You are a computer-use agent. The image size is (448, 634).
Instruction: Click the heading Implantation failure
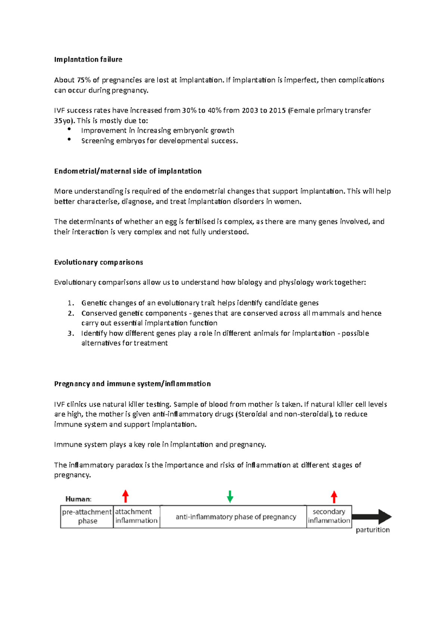click(88, 59)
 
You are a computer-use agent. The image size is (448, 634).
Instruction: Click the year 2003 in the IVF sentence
click(250, 111)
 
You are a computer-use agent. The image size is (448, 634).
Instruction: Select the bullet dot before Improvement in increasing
click(69, 129)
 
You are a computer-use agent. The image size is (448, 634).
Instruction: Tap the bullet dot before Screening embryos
click(69, 139)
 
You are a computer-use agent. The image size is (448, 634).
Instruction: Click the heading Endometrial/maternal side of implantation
click(128, 171)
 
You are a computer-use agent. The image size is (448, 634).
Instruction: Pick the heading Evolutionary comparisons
click(99, 262)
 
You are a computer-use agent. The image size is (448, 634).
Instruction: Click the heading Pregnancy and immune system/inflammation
click(133, 384)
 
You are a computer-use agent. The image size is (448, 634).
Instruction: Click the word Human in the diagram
click(78, 499)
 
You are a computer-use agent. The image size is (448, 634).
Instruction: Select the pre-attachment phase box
click(87, 516)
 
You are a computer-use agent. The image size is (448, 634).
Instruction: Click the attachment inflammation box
click(136, 516)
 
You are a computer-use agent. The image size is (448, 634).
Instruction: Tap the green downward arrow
click(230, 497)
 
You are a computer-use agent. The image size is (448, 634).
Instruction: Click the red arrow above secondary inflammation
click(334, 497)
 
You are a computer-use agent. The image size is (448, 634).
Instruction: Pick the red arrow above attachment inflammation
click(126, 497)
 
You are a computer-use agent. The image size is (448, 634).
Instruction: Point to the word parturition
click(373, 530)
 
